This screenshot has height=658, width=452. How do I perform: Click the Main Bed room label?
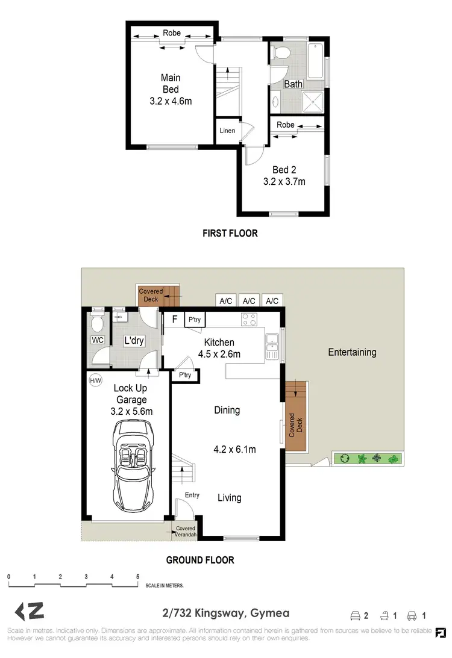[171, 89]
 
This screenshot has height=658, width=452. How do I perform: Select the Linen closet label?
[227, 131]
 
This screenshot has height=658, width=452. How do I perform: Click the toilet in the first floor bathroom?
[280, 52]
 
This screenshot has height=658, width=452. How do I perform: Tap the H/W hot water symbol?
[95, 380]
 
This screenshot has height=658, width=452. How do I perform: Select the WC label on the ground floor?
[98, 340]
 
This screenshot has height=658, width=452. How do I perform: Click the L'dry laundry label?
[134, 341]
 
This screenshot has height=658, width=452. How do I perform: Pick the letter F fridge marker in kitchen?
[174, 319]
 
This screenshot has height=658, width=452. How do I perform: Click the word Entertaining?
[352, 352]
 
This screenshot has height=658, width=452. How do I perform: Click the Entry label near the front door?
[192, 495]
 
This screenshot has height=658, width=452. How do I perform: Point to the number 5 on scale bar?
[138, 577]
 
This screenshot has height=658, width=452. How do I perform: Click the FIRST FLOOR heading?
[230, 233]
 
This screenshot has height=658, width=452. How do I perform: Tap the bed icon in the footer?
[356, 615]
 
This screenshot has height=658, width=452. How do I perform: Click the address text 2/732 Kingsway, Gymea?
[226, 613]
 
